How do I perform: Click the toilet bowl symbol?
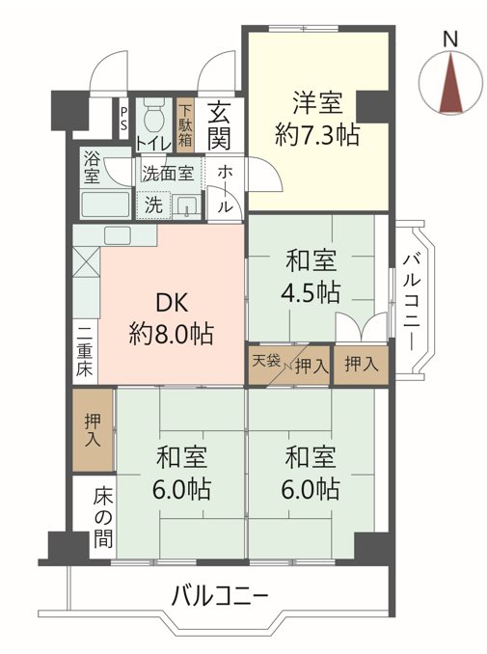tap(153, 116)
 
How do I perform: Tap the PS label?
tap(123, 119)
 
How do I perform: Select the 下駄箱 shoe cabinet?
tap(185, 124)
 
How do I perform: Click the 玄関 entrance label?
tap(219, 125)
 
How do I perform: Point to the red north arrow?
tap(451, 82)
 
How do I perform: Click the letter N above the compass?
tap(450, 40)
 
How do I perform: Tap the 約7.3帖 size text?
tap(317, 134)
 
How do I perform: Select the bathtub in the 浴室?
tap(105, 204)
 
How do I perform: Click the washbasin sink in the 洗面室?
tap(186, 206)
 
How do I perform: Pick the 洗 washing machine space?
tap(153, 204)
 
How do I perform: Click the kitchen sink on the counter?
tap(119, 235)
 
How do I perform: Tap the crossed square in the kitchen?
tap(86, 261)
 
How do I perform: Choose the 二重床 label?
tap(85, 351)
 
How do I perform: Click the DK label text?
tap(172, 303)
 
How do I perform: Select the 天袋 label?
tap(266, 361)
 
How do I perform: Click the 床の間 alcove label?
tap(102, 517)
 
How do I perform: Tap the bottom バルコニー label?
tap(220, 596)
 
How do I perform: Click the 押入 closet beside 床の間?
tap(93, 429)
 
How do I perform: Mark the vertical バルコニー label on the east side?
tap(412, 302)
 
